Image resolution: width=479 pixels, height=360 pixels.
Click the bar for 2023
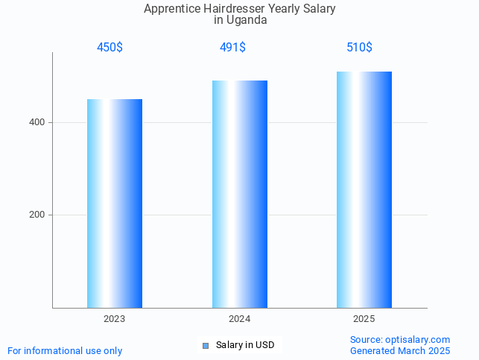click(115, 203)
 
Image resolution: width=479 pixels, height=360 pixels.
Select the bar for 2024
click(240, 194)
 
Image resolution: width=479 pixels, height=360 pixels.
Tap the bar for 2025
click(364, 189)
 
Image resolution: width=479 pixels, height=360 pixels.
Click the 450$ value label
click(110, 48)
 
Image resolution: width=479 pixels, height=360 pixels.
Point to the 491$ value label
click(232, 48)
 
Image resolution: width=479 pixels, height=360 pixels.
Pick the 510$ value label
click(359, 48)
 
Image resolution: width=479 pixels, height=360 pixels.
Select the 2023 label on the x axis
click(115, 319)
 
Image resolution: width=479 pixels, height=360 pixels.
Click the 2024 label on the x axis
click(239, 319)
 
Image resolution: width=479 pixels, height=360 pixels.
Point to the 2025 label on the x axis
click(364, 319)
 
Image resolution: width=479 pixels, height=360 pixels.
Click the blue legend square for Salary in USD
click(206, 345)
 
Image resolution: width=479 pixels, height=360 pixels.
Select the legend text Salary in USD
click(245, 345)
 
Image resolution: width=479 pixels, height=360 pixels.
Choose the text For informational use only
click(65, 350)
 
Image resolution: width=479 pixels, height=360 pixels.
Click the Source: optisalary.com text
click(400, 339)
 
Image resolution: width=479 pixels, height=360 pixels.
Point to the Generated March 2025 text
click(400, 350)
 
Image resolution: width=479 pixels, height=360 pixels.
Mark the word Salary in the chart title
click(318, 9)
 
